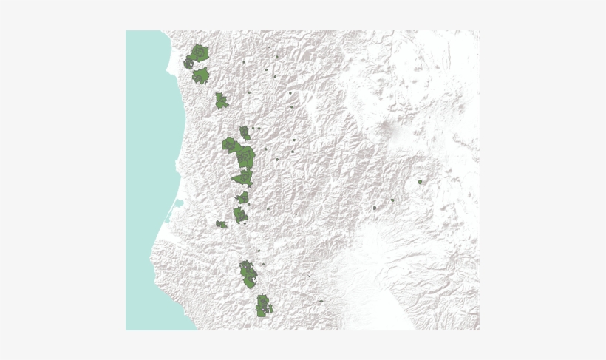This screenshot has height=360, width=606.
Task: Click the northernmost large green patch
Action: (200, 54)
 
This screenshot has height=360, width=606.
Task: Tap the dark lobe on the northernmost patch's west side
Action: (190, 64)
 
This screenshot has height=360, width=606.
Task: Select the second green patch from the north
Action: (200, 76)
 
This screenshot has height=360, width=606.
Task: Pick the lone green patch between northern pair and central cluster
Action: (221, 101)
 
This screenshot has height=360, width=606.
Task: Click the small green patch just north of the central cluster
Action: (245, 133)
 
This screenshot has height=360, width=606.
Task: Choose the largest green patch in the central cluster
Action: (245, 156)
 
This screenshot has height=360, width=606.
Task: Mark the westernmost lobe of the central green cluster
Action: (228, 144)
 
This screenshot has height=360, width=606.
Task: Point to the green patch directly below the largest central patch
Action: (243, 178)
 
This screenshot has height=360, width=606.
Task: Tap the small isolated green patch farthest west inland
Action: (221, 224)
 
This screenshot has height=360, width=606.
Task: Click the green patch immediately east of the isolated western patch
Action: (239, 215)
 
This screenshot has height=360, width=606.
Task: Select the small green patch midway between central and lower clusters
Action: (243, 197)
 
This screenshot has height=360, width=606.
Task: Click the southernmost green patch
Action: (262, 306)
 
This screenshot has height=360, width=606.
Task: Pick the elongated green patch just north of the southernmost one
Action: (248, 274)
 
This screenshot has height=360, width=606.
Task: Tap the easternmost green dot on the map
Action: (420, 181)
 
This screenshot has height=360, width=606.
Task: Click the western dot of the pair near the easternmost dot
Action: (375, 208)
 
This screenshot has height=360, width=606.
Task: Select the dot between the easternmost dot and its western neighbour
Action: (392, 200)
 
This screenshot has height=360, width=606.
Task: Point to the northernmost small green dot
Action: (276, 57)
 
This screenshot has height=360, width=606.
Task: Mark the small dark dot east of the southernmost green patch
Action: (321, 301)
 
